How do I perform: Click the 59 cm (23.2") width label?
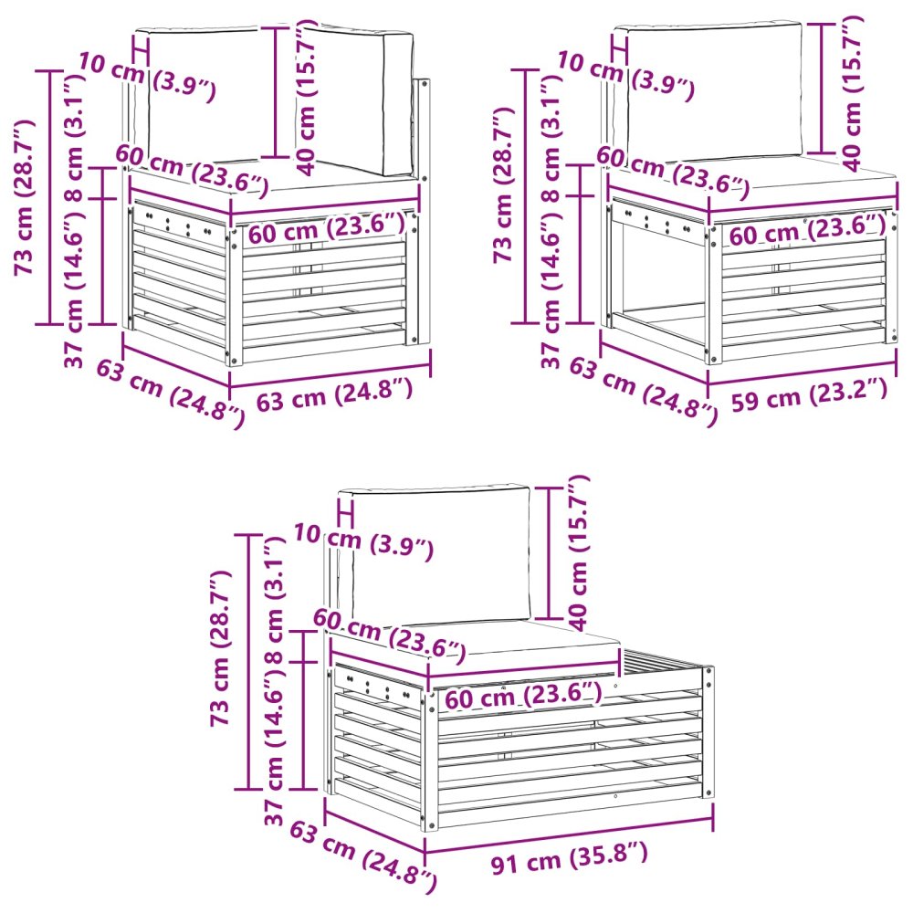(x=809, y=394)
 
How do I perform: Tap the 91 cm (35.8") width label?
(x=569, y=857)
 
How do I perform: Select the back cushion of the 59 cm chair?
(x=708, y=90)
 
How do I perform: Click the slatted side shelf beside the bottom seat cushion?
(x=664, y=664)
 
